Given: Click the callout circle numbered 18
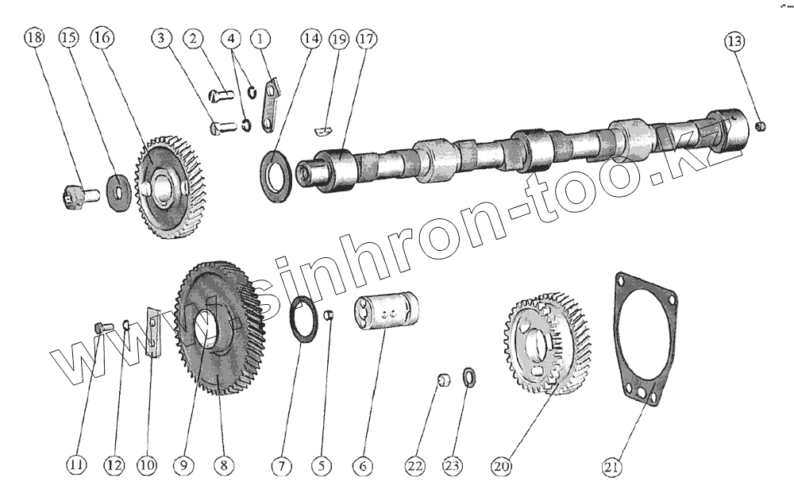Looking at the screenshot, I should coord(35,38).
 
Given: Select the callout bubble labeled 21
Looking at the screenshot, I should coord(611,468).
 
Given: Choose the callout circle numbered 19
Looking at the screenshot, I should coord(339,38).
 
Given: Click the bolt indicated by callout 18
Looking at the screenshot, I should coord(75,194).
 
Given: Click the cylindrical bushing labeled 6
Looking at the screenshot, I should coord(387,314).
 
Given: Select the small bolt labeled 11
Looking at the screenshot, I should coord(100,327).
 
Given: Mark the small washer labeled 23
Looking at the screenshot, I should coord(469,376).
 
